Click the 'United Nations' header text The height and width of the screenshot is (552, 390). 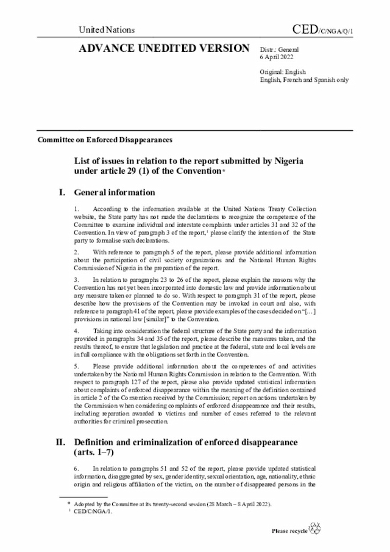pos(107,29)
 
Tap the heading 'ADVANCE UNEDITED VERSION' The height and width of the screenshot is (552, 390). pos(164,48)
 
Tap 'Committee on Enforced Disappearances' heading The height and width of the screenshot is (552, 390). pos(105,139)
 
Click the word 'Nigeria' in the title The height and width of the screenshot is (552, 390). pos(286,160)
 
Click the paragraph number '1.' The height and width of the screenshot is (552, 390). pos(76,210)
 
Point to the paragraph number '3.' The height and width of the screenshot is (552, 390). pos(76,279)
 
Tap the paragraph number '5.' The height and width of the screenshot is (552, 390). pos(76,366)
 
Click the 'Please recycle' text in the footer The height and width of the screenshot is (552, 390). pos(289,531)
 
